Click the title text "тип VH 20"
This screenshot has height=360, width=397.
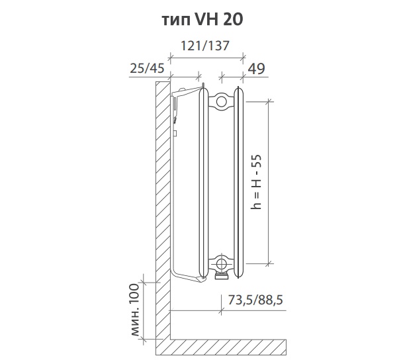[202, 19]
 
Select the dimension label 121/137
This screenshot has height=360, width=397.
[205, 46]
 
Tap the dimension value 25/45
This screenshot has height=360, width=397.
[147, 68]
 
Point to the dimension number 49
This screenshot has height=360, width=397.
[256, 69]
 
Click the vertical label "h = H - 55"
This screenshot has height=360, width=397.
[256, 182]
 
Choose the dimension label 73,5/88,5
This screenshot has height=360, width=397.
[255, 300]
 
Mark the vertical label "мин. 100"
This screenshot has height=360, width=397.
[135, 310]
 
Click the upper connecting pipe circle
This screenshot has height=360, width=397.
[221, 102]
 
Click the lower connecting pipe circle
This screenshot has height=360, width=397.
[221, 264]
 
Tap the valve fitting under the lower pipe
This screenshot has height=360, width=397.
[222, 275]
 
